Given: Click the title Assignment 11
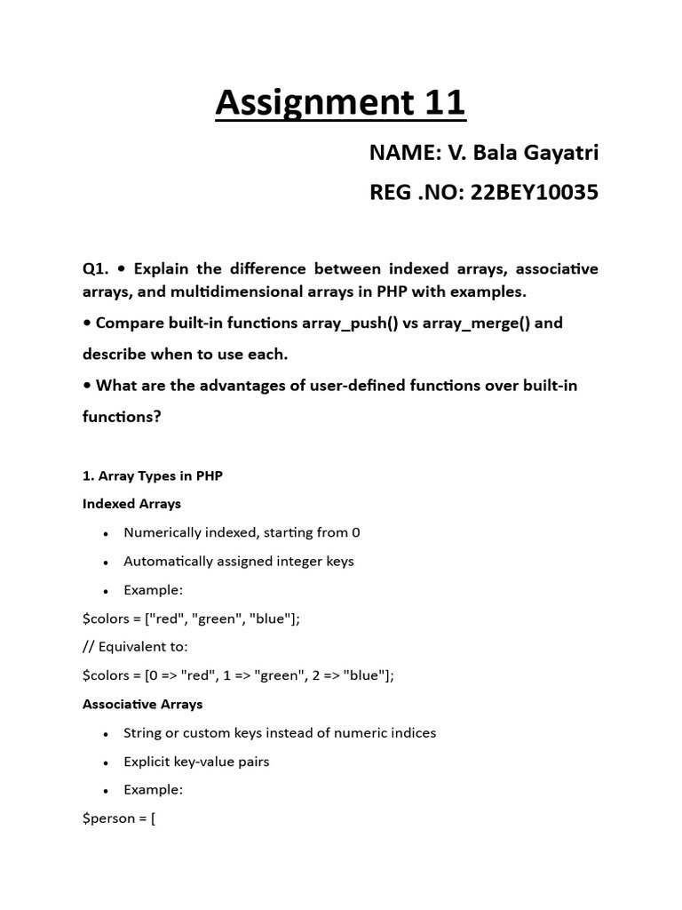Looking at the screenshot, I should click(340, 104).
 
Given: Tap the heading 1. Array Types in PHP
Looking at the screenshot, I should click(152, 475).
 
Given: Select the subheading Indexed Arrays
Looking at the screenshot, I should click(131, 504).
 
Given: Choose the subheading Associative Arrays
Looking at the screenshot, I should click(142, 704).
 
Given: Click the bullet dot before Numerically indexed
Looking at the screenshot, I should click(106, 534).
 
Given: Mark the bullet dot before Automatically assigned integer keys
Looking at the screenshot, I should click(106, 563).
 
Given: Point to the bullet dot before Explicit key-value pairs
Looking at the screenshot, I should click(106, 762).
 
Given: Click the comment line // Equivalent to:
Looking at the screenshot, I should click(135, 646).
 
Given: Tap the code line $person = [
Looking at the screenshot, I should click(119, 818).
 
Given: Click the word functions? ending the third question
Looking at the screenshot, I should click(122, 415).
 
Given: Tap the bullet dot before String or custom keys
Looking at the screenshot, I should click(106, 734).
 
